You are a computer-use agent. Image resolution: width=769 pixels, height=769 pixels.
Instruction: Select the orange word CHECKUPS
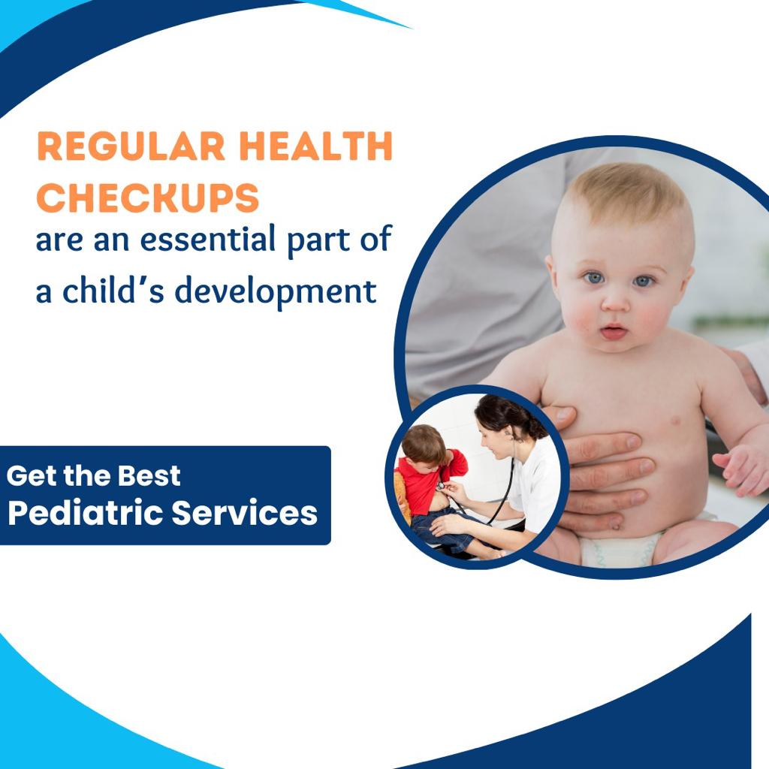click(148, 198)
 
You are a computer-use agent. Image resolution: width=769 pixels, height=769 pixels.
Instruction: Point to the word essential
click(208, 239)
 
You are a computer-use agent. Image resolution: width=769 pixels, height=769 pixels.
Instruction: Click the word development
click(276, 291)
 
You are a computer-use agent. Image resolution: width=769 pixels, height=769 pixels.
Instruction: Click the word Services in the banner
click(245, 513)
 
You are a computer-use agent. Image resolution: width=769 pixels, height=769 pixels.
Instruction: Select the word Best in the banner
click(149, 475)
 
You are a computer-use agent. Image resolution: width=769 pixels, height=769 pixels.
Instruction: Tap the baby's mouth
click(614, 331)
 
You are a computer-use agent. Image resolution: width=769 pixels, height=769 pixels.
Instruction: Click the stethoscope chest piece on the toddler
click(442, 486)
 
